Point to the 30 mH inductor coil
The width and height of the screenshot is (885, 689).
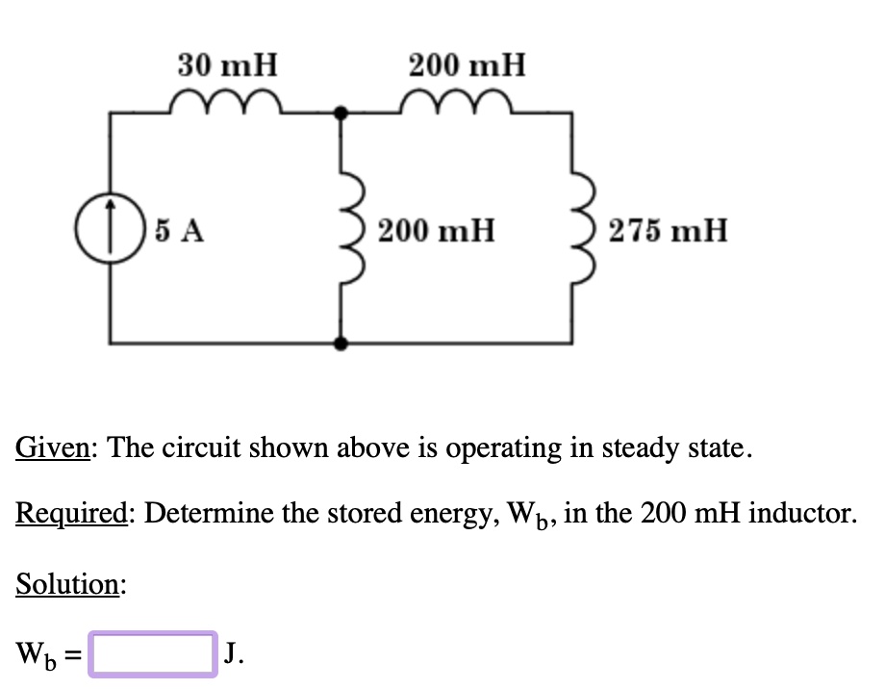coord(225,101)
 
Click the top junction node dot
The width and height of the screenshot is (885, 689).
coord(340,113)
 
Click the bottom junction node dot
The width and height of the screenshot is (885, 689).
coord(340,343)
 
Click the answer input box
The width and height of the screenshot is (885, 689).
coord(152,654)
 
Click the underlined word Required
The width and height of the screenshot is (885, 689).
coord(72,513)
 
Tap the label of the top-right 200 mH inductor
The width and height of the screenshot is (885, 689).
coord(467,65)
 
